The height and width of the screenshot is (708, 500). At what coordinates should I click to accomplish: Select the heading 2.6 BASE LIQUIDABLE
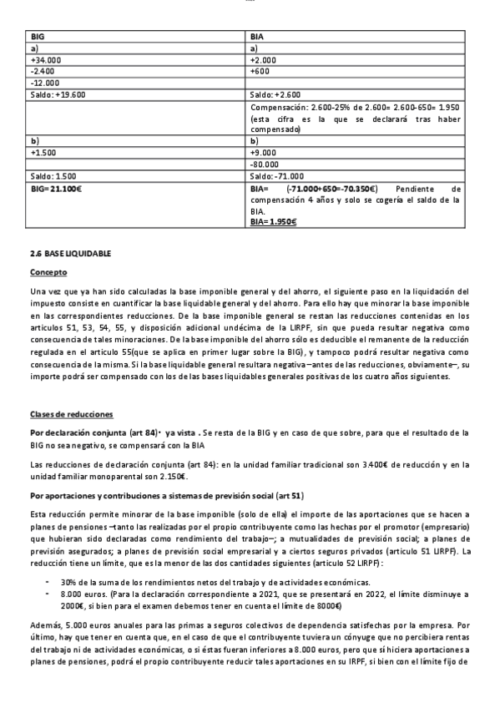click(70, 252)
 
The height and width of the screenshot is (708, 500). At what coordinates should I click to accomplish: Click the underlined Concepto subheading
click(48, 272)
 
